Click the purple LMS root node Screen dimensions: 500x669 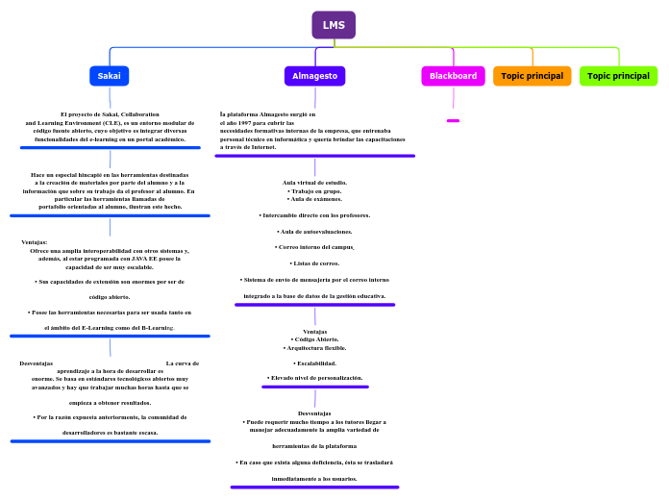334,25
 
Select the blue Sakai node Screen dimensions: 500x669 110,76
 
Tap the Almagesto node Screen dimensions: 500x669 314,76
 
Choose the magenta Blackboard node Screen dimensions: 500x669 453,76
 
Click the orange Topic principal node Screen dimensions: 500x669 532,76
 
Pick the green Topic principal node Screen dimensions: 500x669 618,76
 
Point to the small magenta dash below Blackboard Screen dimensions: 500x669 453,120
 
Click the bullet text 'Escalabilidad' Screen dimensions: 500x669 314,363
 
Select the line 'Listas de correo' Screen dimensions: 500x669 314,262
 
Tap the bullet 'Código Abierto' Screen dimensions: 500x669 314,339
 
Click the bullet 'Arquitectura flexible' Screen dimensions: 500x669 314,347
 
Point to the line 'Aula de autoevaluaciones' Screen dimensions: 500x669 314,232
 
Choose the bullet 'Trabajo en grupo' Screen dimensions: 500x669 314,190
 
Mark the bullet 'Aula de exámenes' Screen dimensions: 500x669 314,198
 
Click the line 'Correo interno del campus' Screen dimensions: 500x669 314,247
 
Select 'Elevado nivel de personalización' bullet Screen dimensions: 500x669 314,378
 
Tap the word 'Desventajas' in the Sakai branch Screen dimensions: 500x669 37,363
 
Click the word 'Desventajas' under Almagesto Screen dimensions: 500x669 314,413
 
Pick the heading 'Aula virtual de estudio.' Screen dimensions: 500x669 314,182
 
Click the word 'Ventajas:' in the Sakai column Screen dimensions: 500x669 35,242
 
